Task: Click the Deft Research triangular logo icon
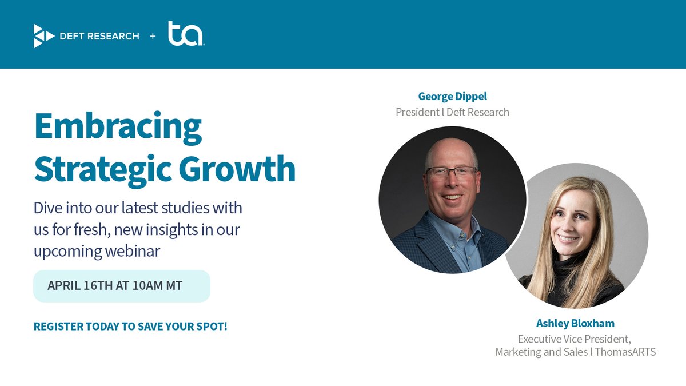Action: click(x=43, y=36)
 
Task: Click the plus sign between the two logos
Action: click(x=153, y=36)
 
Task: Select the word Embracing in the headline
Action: click(x=118, y=127)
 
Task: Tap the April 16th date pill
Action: click(x=122, y=285)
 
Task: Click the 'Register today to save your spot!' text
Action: click(x=130, y=327)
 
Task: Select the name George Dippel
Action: click(x=452, y=96)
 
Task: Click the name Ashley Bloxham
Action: click(x=575, y=323)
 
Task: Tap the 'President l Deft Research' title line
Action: click(x=452, y=112)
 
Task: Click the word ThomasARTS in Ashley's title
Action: click(x=625, y=352)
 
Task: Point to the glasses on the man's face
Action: click(x=452, y=172)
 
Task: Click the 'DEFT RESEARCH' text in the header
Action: click(x=99, y=36)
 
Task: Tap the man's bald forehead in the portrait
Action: click(x=452, y=152)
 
